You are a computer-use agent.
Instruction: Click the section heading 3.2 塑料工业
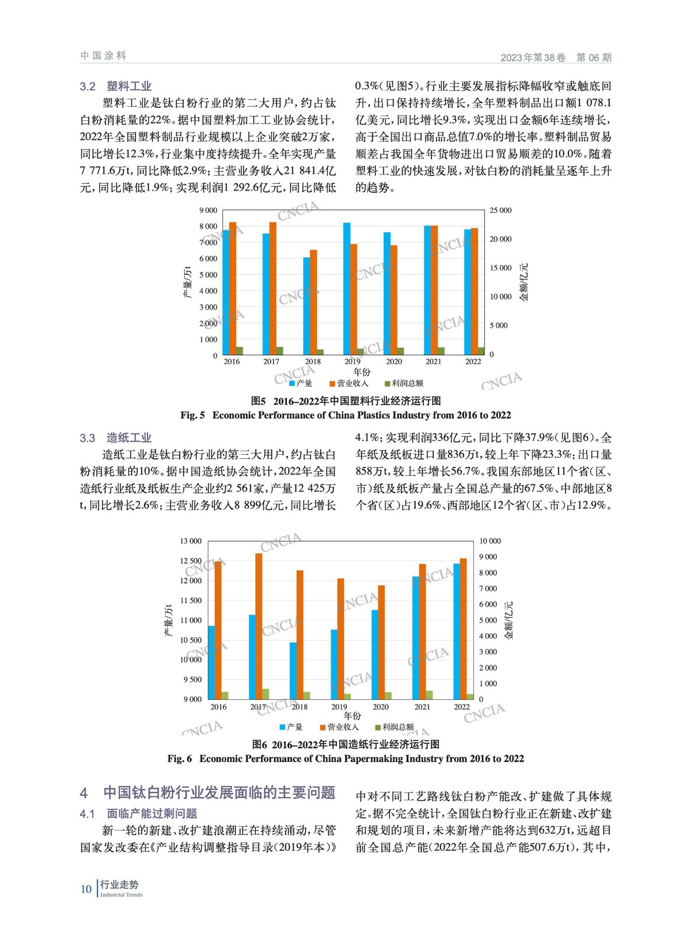(115, 86)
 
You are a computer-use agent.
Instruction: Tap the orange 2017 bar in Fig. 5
(273, 288)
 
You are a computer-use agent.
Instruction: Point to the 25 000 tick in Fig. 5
(500, 211)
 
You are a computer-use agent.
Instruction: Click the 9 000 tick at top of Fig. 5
(208, 211)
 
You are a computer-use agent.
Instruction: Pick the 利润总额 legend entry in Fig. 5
(404, 383)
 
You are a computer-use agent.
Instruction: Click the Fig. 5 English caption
(346, 415)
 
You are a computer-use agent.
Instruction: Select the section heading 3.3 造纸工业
(115, 438)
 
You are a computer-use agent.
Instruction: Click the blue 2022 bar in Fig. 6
(456, 631)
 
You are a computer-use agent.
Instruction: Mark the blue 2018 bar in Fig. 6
(293, 671)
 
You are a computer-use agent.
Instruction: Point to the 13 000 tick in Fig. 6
(191, 541)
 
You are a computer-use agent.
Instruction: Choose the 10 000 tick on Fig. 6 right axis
(490, 541)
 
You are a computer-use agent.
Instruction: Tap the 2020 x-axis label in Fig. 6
(381, 707)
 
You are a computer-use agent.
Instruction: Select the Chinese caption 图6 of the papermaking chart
(346, 744)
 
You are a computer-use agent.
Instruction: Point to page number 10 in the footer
(86, 889)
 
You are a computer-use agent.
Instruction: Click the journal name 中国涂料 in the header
(103, 56)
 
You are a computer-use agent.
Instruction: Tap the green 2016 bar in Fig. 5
(240, 350)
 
